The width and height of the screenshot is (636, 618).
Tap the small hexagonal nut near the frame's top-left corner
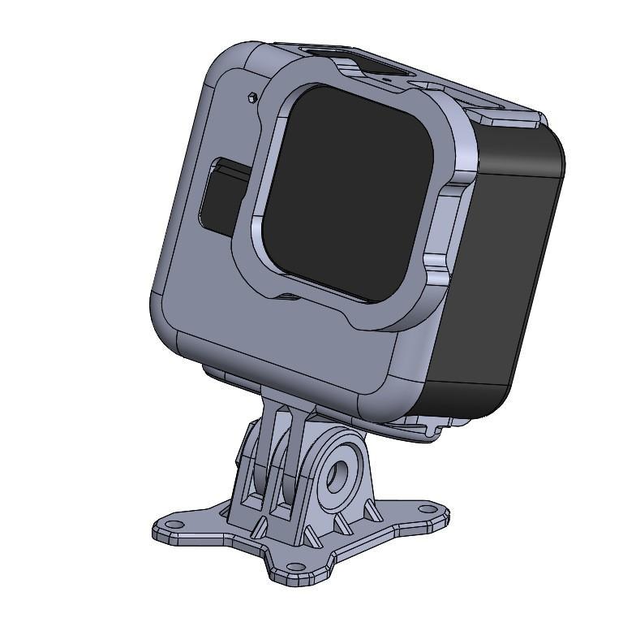tap(251, 97)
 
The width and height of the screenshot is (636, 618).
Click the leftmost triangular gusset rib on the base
tap(258, 529)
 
